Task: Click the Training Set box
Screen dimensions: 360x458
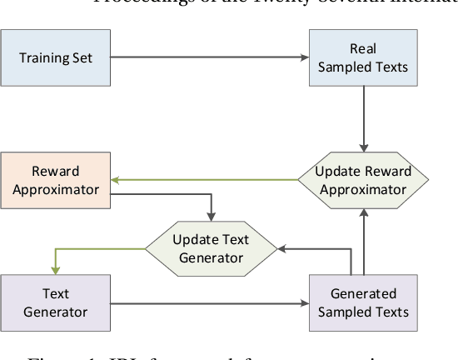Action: pos(55,57)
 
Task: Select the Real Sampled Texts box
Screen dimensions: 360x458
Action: pos(362,57)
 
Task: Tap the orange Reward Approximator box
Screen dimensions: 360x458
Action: pos(55,180)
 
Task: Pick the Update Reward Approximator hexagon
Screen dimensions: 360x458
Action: pos(362,180)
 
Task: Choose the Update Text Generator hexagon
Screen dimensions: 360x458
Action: pos(211,248)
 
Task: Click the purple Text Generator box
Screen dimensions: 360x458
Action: pos(55,302)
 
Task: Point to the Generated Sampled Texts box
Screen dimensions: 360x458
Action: pos(362,302)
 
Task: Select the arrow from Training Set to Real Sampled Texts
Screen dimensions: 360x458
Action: pos(208,57)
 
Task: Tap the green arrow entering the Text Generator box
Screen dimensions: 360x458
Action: pos(55,259)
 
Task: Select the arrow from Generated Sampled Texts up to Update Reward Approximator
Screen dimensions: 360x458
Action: pos(362,242)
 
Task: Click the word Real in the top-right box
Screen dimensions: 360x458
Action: pos(363,49)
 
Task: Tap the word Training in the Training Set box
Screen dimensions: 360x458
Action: pos(41,57)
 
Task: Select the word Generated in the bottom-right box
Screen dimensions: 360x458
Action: pos(363,294)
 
